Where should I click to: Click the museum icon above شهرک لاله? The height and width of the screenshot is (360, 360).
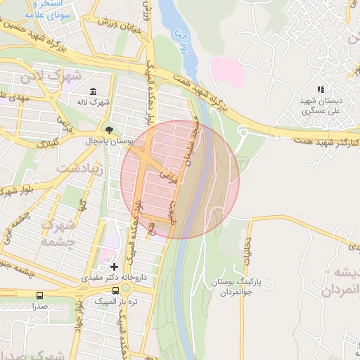(x=94, y=91)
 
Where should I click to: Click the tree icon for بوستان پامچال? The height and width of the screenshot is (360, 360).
(x=108, y=129)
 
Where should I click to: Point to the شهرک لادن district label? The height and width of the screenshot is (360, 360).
(x=52, y=75)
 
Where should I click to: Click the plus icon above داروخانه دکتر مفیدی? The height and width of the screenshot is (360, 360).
(x=115, y=266)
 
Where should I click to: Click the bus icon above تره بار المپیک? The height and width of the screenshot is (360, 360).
(x=115, y=290)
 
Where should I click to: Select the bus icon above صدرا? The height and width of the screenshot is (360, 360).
(x=39, y=295)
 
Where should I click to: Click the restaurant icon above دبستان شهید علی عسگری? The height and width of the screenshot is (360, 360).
(x=321, y=89)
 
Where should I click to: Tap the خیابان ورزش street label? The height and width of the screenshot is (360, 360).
(x=127, y=30)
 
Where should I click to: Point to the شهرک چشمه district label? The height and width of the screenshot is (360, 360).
(x=60, y=231)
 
